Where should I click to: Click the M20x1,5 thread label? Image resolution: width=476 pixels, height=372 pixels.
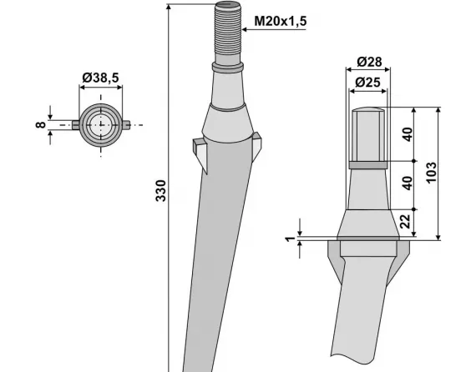tap(277, 18)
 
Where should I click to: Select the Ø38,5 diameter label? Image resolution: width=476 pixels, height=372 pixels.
tap(100, 78)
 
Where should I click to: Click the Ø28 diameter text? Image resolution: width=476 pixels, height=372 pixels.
tap(368, 63)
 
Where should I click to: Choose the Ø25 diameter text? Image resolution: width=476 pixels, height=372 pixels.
tap(368, 82)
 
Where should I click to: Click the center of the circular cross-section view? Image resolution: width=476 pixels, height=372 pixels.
tap(102, 124)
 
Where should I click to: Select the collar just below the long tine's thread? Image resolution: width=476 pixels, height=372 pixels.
tap(228, 66)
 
